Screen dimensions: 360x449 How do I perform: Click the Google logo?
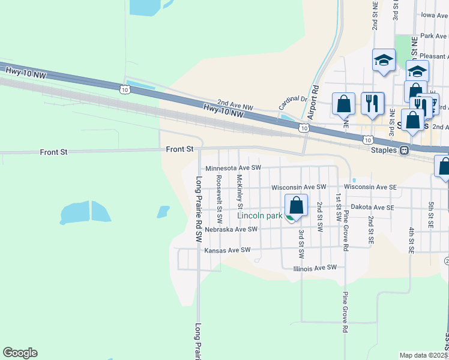tap(20, 353)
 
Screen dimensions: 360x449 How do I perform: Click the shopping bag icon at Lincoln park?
tap(295, 206)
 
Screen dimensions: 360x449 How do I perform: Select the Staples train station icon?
tap(405, 150)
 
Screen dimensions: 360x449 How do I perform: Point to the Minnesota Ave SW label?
tap(234, 169)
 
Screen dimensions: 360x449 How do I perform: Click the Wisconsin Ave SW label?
tap(298, 188)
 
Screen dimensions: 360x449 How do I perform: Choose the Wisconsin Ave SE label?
tap(370, 187)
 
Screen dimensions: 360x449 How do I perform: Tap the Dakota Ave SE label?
tap(372, 207)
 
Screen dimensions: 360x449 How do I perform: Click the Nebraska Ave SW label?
tap(231, 229)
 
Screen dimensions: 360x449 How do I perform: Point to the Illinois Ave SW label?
tap(315, 268)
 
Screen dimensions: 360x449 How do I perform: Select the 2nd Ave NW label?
tap(235, 104)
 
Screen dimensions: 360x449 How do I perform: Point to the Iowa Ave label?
tap(435, 15)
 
